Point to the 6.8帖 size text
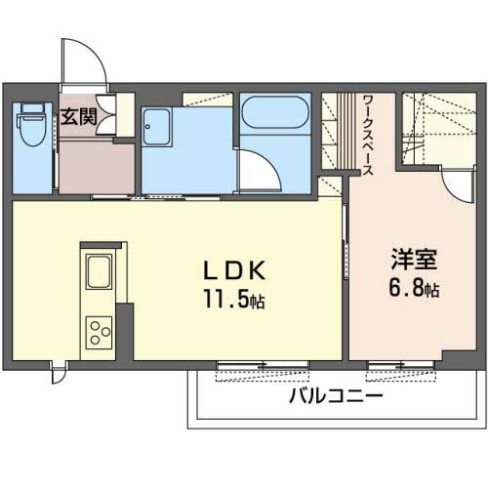415,289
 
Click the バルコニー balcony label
335,396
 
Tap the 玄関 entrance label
77,119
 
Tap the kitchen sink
99,269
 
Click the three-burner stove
99,331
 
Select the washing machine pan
159,125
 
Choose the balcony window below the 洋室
403,368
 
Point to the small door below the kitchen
60,371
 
